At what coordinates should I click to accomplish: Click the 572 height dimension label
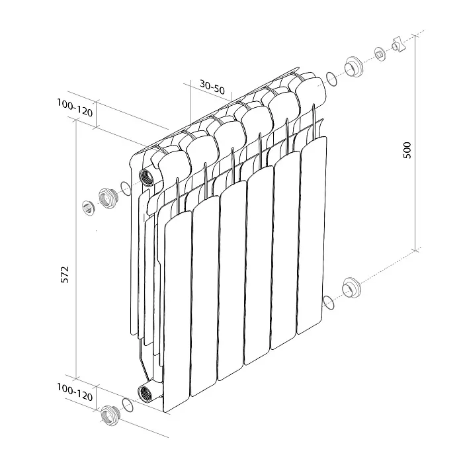65,274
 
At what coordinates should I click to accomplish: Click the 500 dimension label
407,150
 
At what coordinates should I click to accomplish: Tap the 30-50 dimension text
212,87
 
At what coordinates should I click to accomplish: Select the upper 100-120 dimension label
75,108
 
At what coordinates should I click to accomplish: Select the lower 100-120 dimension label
75,392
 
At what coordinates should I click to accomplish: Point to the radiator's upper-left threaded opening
147,177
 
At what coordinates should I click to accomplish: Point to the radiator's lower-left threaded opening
146,394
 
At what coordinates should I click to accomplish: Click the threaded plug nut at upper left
108,198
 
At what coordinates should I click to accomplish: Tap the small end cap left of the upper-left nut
88,208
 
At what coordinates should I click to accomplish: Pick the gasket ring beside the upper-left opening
126,189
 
